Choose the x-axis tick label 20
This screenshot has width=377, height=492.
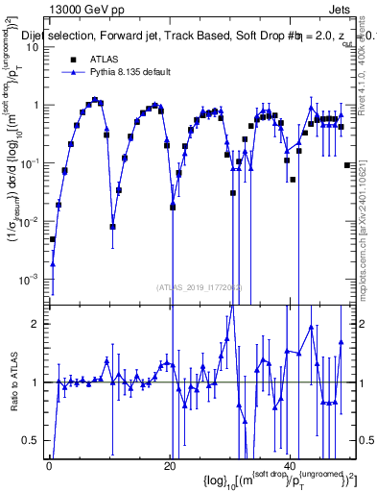[x=170, y=465]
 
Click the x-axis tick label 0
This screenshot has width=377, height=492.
[x=49, y=465]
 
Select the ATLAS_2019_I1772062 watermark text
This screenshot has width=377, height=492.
[x=201, y=286]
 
